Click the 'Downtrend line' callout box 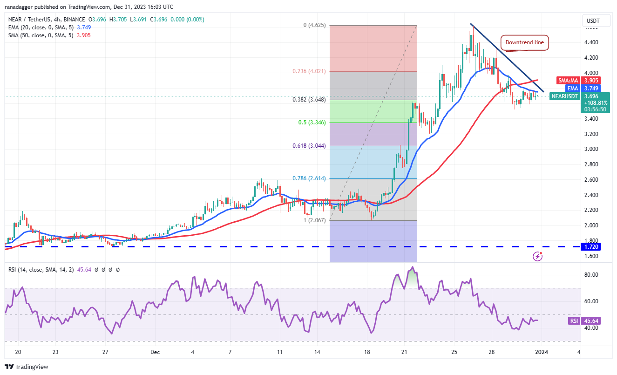pyautogui.click(x=524, y=42)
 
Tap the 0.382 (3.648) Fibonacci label pyautogui.click(x=312, y=99)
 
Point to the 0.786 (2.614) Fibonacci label pyautogui.click(x=312, y=178)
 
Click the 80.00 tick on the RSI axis pyautogui.click(x=591, y=275)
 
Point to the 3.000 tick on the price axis pyautogui.click(x=591, y=149)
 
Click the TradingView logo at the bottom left pyautogui.click(x=27, y=367)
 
